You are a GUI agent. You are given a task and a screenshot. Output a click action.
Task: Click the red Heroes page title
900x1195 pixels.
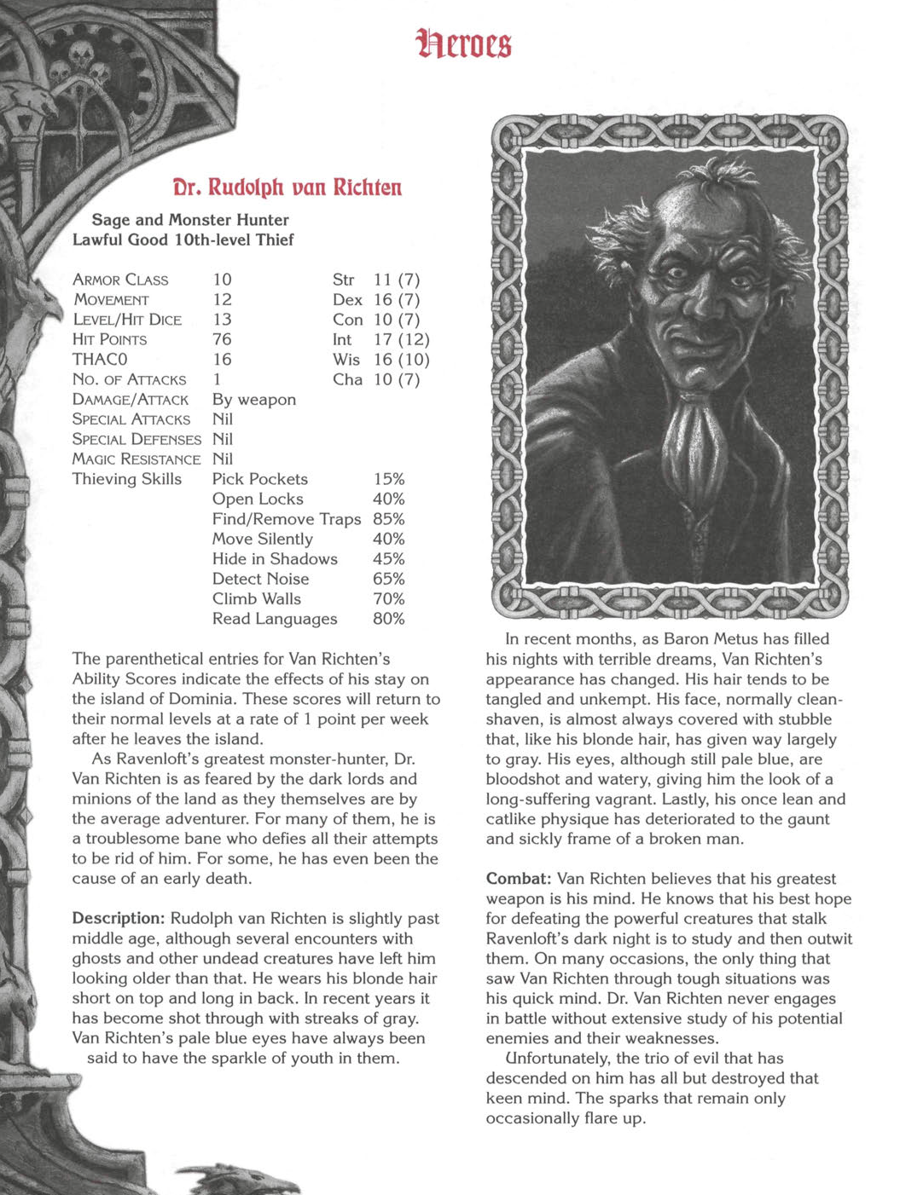point(464,43)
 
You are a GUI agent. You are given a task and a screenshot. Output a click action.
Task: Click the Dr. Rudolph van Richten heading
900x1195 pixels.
point(287,188)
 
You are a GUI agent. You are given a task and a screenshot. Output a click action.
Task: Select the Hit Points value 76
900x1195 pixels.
point(222,339)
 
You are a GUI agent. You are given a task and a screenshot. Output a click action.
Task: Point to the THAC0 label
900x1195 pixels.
point(100,360)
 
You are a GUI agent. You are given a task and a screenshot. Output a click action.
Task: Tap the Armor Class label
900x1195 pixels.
point(120,280)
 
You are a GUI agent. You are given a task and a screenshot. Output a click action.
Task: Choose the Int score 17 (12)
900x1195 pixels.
point(401,339)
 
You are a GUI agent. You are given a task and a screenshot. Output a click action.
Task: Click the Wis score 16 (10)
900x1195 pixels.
point(401,360)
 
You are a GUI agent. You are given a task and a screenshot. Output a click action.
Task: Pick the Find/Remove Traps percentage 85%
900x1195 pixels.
point(388,519)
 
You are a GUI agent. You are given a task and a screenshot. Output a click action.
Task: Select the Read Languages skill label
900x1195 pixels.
point(275,619)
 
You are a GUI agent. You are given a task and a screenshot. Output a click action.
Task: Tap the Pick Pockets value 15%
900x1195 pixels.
point(388,479)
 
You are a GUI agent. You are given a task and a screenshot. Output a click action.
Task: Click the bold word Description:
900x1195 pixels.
point(119,919)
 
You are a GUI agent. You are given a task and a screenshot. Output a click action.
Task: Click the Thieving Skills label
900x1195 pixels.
point(127,479)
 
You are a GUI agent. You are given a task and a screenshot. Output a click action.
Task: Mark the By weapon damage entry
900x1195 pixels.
point(254,400)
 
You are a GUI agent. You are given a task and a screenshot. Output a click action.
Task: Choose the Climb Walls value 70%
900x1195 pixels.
point(388,599)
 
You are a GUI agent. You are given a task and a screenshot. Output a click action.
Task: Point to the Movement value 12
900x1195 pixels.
point(222,299)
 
